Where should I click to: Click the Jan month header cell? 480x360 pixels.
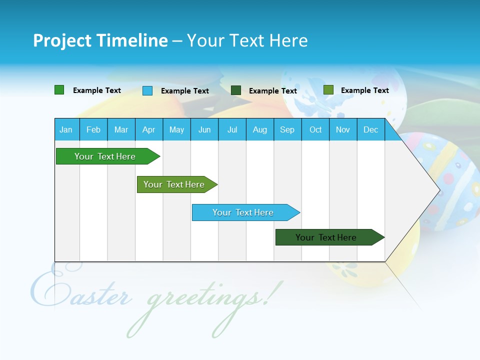(x=66, y=129)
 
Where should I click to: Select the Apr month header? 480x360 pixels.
(x=149, y=129)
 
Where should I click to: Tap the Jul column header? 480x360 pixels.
(x=232, y=129)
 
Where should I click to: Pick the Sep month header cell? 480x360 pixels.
(x=287, y=129)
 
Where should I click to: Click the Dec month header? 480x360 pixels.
(x=370, y=129)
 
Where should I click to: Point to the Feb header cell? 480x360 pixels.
(x=93, y=129)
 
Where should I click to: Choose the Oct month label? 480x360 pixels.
(x=315, y=129)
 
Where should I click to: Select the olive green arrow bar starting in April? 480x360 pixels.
(x=175, y=184)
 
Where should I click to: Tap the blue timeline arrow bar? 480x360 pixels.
(x=244, y=212)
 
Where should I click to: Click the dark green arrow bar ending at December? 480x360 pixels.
(x=327, y=237)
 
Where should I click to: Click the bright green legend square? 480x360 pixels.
(x=59, y=90)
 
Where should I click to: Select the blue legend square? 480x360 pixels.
(x=147, y=90)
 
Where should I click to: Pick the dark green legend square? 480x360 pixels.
(x=236, y=90)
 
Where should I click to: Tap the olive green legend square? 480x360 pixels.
(x=328, y=90)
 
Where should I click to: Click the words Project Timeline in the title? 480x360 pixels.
(x=100, y=40)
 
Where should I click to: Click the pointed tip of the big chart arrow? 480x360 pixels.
(x=438, y=190)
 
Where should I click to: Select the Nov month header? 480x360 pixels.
(x=343, y=129)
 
